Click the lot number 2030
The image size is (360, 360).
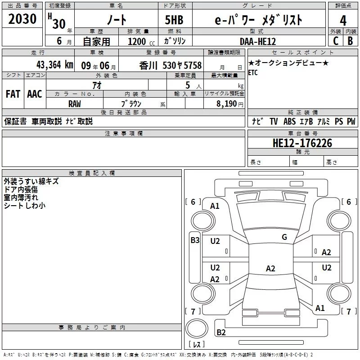(22, 20)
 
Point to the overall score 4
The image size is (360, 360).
(343, 20)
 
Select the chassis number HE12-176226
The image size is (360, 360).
(302, 143)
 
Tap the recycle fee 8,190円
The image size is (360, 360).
(229, 103)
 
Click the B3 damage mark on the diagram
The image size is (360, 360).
(195, 240)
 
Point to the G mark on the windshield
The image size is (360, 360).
(284, 237)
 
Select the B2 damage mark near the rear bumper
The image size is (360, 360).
(221, 333)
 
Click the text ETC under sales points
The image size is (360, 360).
(253, 73)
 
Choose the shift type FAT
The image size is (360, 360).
(13, 94)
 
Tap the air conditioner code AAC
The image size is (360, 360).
(34, 94)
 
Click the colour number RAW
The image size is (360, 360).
(75, 103)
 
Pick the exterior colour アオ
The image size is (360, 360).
(96, 85)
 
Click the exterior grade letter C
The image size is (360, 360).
(335, 41)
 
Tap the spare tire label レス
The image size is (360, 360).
(196, 345)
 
